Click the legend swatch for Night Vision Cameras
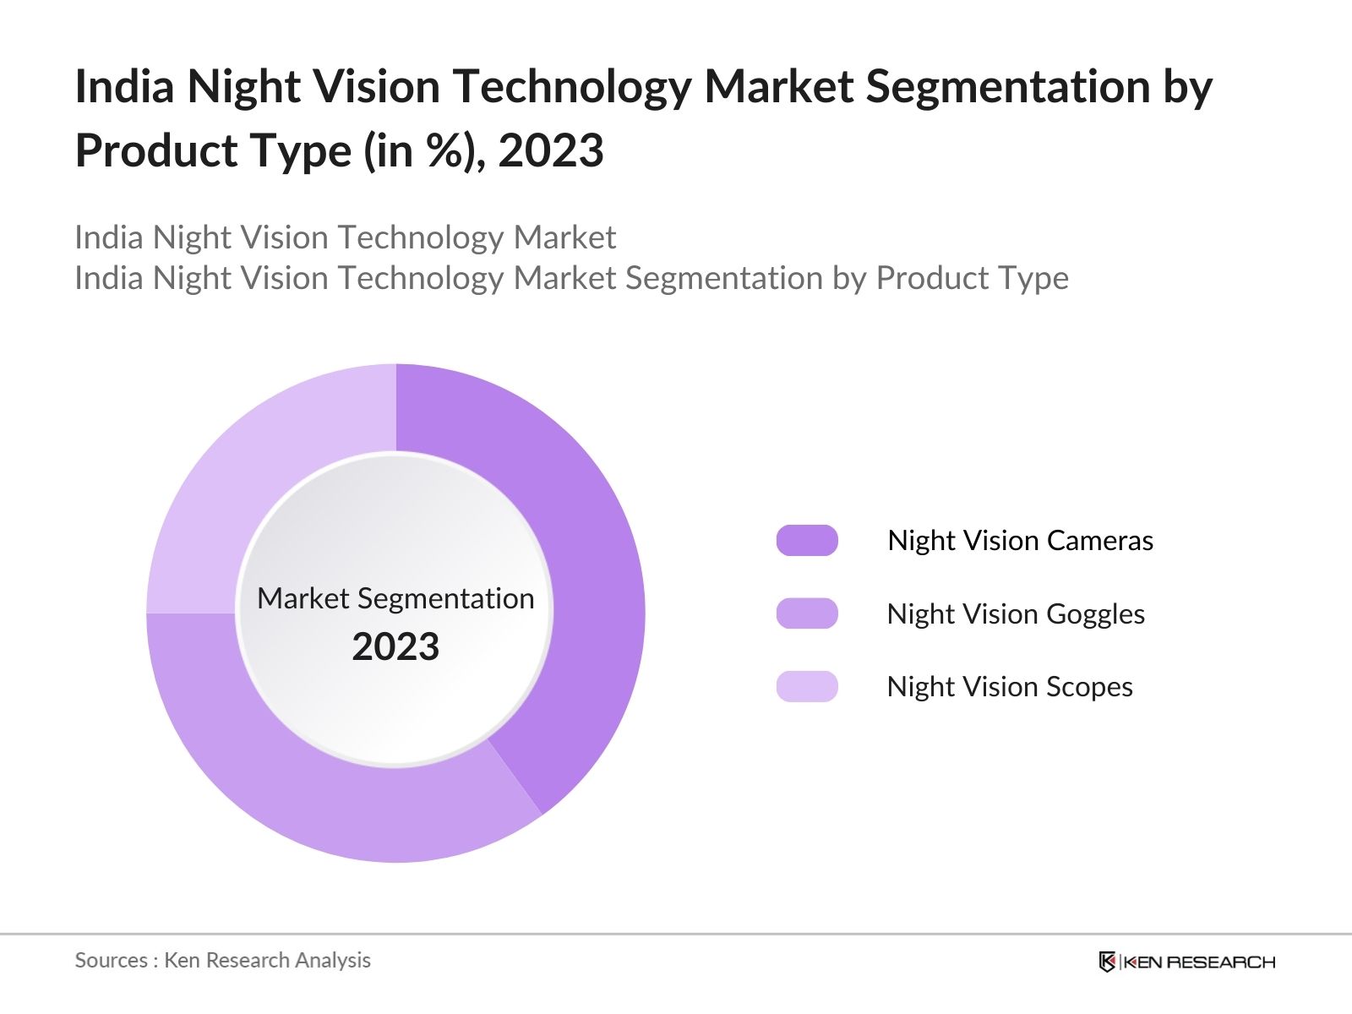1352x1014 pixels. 807,540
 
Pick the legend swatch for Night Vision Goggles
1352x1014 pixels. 807,613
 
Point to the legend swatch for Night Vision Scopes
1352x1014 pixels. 807,686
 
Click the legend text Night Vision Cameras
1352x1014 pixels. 1020,540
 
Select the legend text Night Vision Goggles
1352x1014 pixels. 1016,613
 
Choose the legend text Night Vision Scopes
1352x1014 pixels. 1010,686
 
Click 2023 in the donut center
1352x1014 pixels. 395,647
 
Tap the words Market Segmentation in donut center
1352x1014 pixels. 395,598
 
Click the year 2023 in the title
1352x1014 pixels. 551,151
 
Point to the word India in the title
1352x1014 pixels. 124,87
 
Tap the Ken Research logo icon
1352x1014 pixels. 1107,962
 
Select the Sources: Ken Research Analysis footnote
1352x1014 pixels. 222,960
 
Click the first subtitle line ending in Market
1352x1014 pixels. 345,237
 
